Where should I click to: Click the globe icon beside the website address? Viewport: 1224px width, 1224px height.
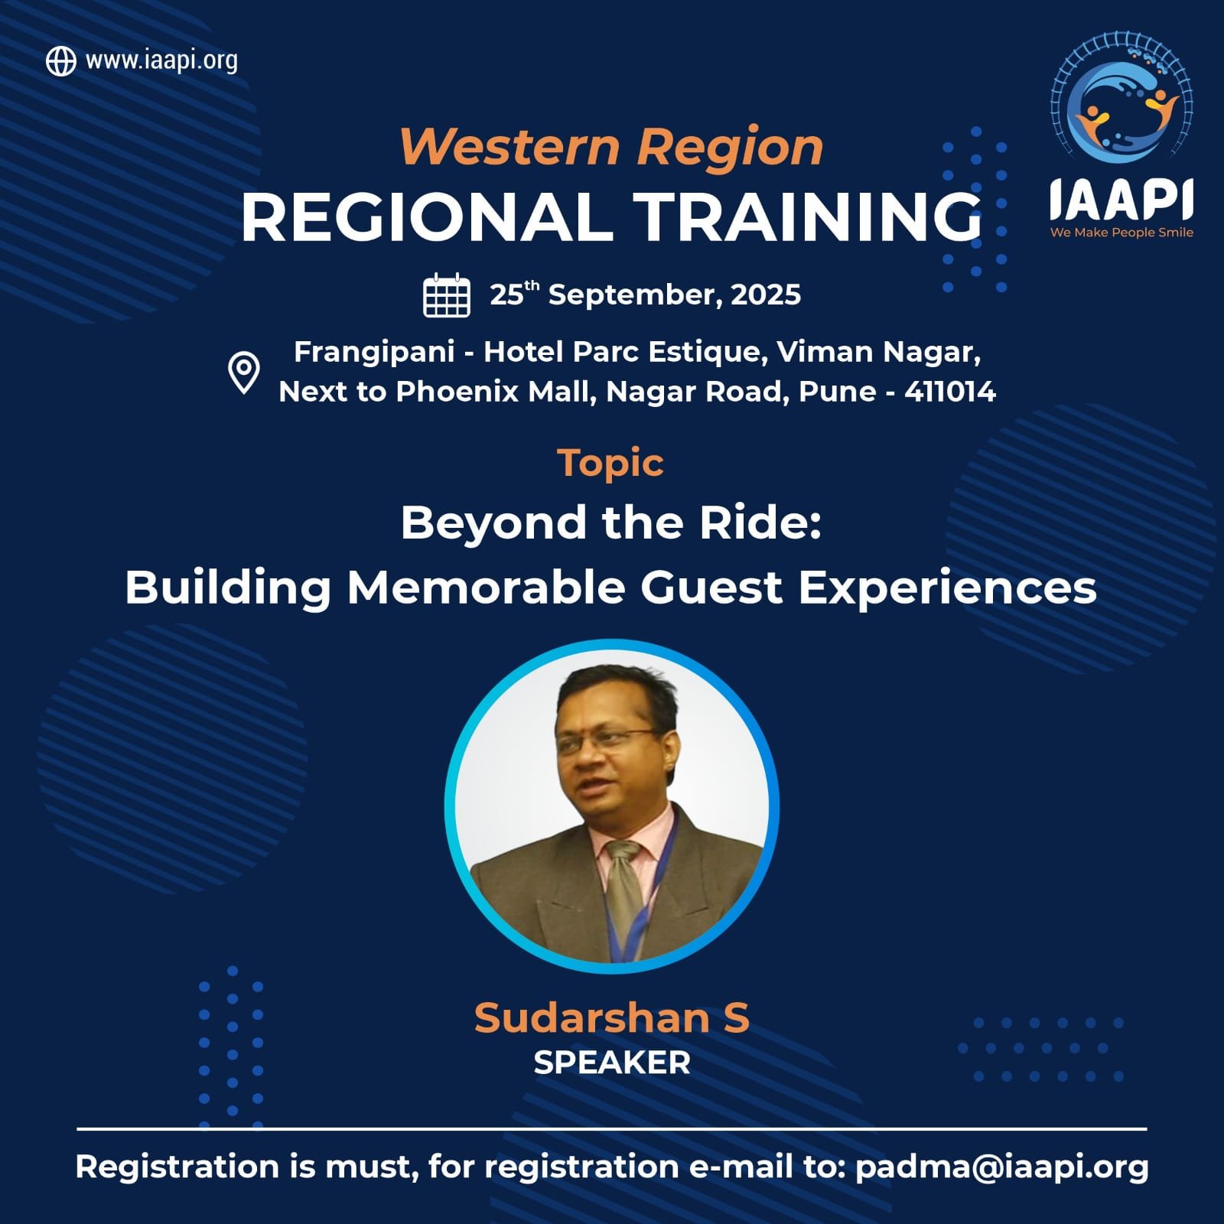pos(61,61)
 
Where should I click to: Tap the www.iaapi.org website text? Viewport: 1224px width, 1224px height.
pos(161,60)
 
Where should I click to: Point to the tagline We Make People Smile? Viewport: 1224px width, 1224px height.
pos(1121,233)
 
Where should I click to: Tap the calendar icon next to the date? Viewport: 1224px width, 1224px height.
pos(447,295)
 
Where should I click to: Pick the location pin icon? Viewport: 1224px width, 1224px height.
pos(244,373)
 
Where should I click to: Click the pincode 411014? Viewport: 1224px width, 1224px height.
pos(950,392)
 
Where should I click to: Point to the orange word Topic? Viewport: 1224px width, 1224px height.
pos(610,463)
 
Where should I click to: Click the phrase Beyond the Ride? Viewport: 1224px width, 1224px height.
pos(611,523)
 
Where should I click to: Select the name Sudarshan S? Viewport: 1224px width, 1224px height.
pos(611,1018)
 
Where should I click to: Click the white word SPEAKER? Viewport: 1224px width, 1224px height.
pos(612,1063)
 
